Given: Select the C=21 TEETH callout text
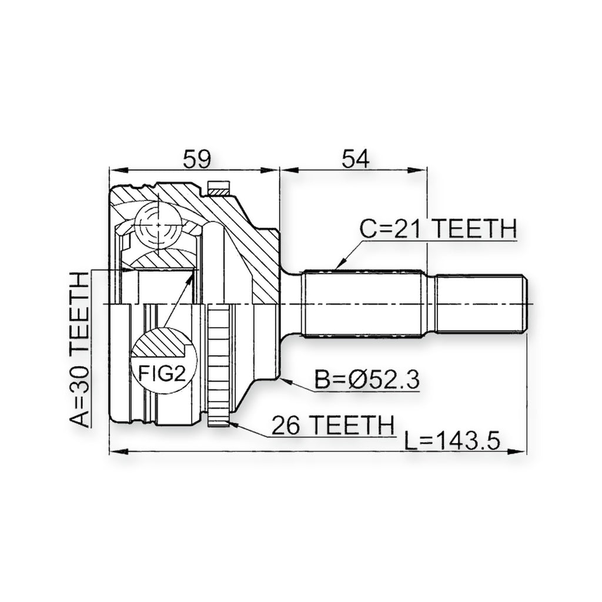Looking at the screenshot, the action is pyautogui.click(x=438, y=229).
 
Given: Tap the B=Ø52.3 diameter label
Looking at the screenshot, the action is pyautogui.click(x=367, y=379).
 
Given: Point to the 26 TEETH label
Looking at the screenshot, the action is pyautogui.click(x=333, y=424).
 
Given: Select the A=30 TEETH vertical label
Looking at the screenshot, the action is pyautogui.click(x=79, y=349).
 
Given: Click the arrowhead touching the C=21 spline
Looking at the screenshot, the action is pyautogui.click(x=340, y=263).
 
